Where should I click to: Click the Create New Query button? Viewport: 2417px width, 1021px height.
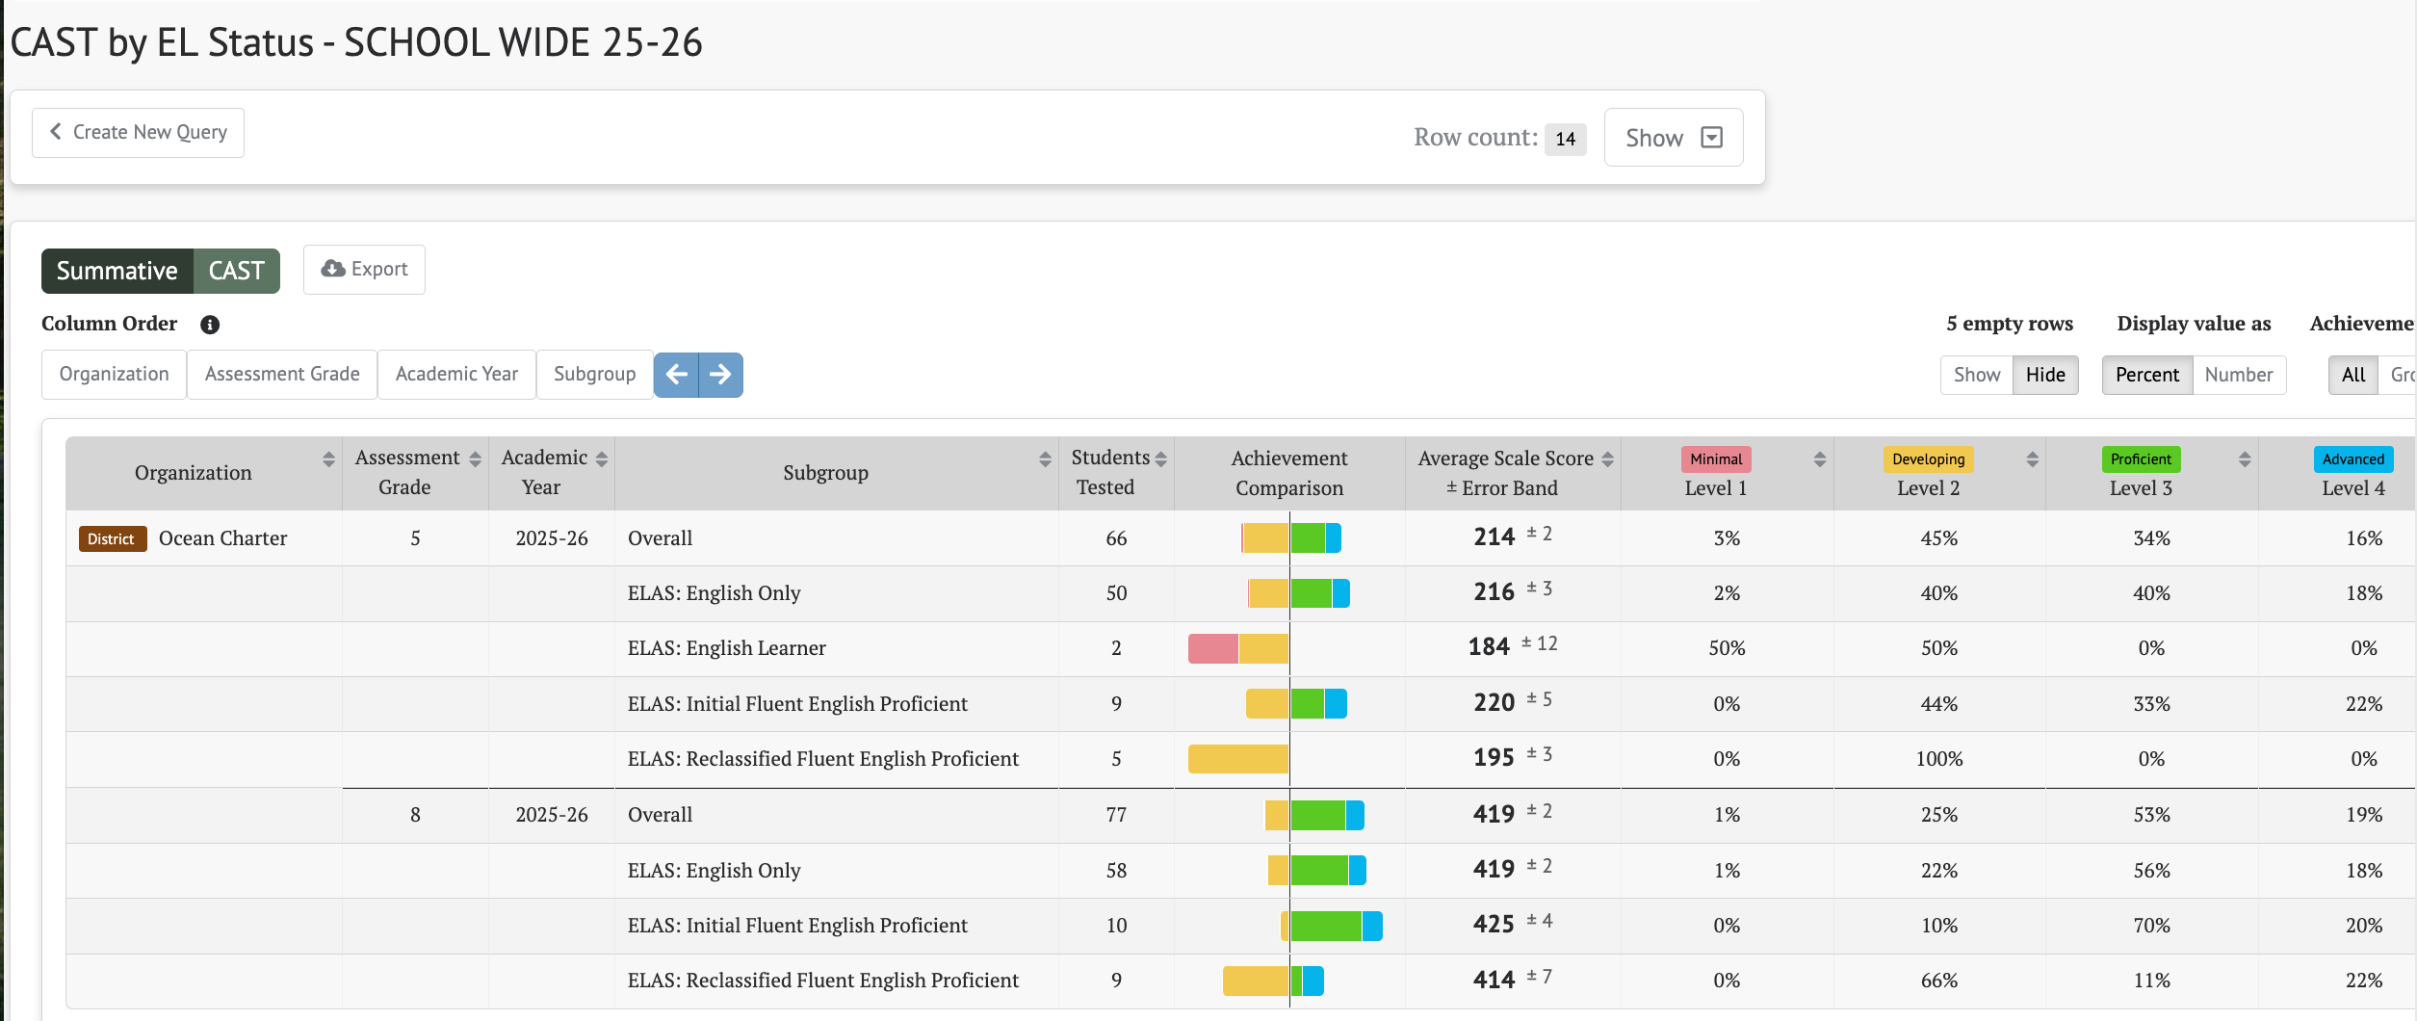[138, 133]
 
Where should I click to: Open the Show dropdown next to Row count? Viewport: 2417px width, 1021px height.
[1673, 138]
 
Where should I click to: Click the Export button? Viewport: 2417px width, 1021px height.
[364, 270]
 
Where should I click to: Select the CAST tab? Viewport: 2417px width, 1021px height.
[237, 271]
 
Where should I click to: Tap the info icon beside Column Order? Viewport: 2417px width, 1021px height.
[210, 325]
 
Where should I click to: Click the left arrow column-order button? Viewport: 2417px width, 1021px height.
[676, 375]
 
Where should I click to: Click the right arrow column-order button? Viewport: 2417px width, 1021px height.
[720, 375]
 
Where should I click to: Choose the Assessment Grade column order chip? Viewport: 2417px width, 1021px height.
[282, 375]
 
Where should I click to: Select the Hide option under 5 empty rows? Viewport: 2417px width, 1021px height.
[2045, 375]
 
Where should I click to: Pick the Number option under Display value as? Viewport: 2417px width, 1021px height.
[2239, 375]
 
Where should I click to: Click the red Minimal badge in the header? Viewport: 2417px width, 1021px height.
[1716, 459]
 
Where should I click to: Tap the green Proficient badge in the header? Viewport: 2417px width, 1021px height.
[2141, 459]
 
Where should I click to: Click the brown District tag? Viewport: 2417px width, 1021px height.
[112, 538]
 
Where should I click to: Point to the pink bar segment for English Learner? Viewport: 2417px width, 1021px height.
[1213, 648]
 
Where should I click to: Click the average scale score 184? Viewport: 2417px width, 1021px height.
[1489, 647]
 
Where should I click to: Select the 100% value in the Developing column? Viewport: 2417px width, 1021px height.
[1938, 759]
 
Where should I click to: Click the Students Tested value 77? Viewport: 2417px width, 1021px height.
[1116, 815]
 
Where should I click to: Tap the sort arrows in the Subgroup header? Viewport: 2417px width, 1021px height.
[1045, 459]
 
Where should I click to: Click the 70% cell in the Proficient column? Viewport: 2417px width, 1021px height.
[2151, 926]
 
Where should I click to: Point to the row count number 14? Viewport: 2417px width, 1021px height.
[1566, 139]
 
